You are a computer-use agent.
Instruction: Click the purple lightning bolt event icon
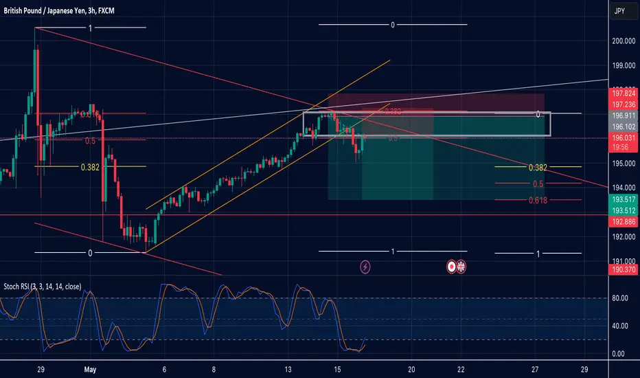[365, 265]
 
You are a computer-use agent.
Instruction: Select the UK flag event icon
[461, 265]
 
